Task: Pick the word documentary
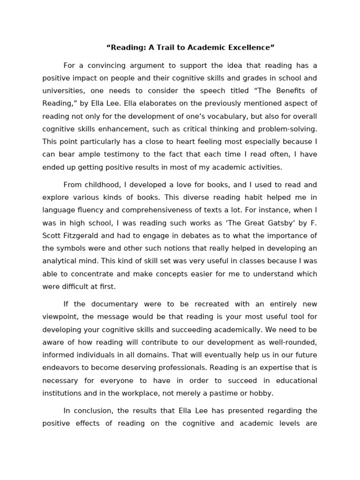(120, 304)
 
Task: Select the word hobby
(262, 393)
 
